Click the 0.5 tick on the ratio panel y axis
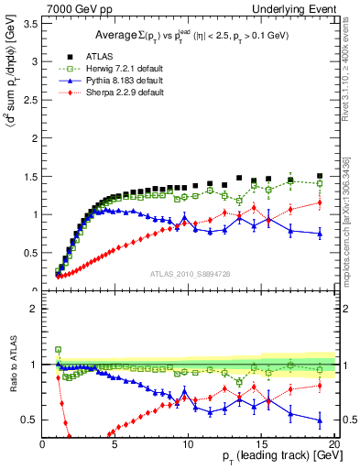pyautogui.click(x=29, y=420)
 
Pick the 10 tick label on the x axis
pyautogui.click(x=188, y=444)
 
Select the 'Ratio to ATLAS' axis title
pyautogui.click(x=12, y=365)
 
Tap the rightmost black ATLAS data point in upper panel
pyautogui.click(x=320, y=176)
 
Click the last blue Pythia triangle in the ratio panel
pyautogui.click(x=320, y=420)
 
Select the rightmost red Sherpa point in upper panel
pyautogui.click(x=320, y=202)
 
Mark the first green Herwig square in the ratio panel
pyautogui.click(x=58, y=350)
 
